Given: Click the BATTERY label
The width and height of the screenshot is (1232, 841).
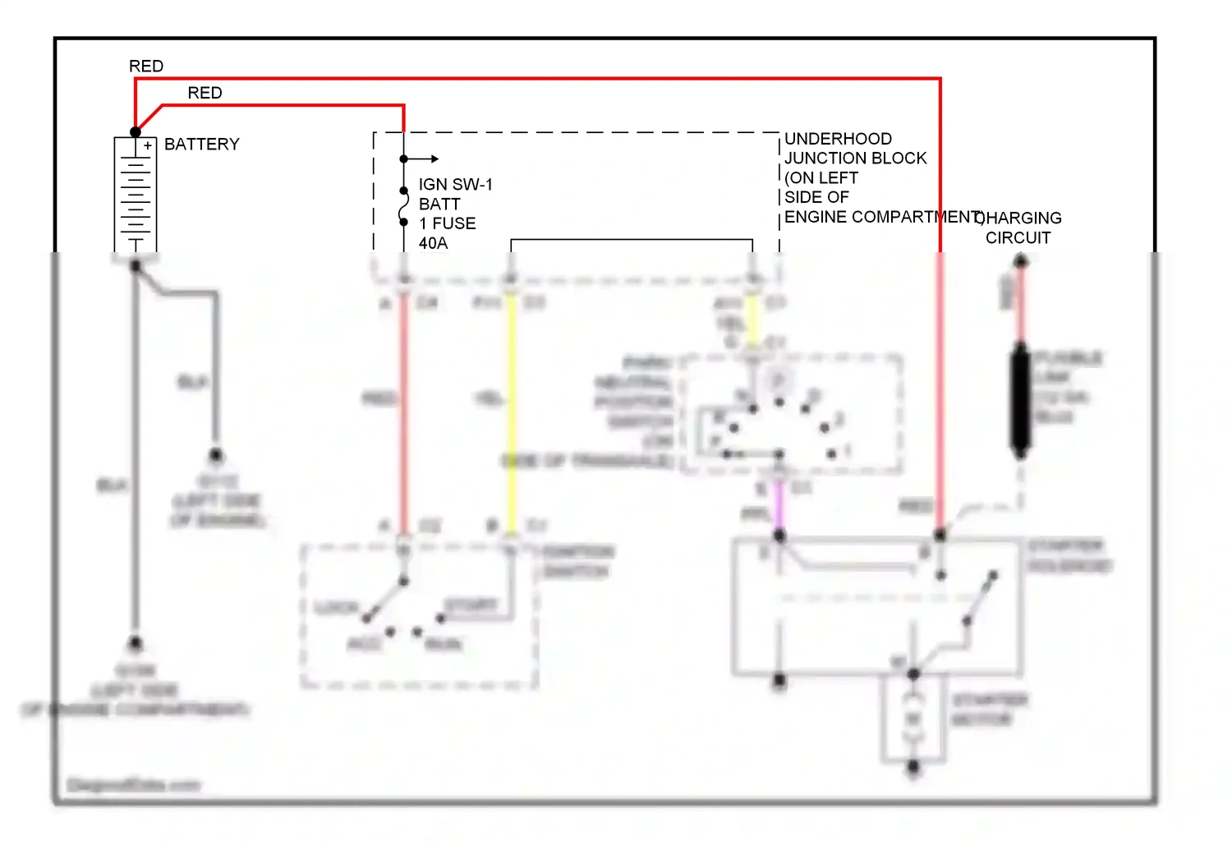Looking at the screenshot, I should (x=201, y=145).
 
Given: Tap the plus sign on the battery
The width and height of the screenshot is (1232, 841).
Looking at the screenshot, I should (x=147, y=145).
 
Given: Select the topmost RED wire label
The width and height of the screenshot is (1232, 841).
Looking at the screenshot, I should (x=146, y=67).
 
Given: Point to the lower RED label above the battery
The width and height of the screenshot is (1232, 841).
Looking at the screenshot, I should (x=205, y=94).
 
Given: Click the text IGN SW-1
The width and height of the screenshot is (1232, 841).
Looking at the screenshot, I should (x=455, y=185).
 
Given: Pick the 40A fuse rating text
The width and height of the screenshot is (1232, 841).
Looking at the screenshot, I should (x=433, y=243).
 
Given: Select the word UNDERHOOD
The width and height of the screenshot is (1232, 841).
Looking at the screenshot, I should (x=838, y=139).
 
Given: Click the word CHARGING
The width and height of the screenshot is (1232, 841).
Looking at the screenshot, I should (x=1022, y=218).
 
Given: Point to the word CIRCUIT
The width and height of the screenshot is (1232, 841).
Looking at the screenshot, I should (x=1018, y=238).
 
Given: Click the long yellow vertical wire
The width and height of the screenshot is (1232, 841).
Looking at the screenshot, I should (x=511, y=411).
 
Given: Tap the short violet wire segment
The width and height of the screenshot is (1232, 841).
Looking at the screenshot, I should (x=779, y=505).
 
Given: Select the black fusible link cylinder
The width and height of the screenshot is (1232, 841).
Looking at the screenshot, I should (x=1019, y=400).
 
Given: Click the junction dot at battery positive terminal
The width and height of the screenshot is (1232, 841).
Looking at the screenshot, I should (x=136, y=132).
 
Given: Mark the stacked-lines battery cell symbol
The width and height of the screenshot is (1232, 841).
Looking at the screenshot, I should (x=136, y=197).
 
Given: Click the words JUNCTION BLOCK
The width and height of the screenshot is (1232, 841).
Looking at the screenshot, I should (x=855, y=159).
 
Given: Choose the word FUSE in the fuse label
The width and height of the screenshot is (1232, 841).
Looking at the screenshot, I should (x=454, y=223).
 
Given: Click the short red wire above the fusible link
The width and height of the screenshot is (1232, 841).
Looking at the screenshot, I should (x=1019, y=300).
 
